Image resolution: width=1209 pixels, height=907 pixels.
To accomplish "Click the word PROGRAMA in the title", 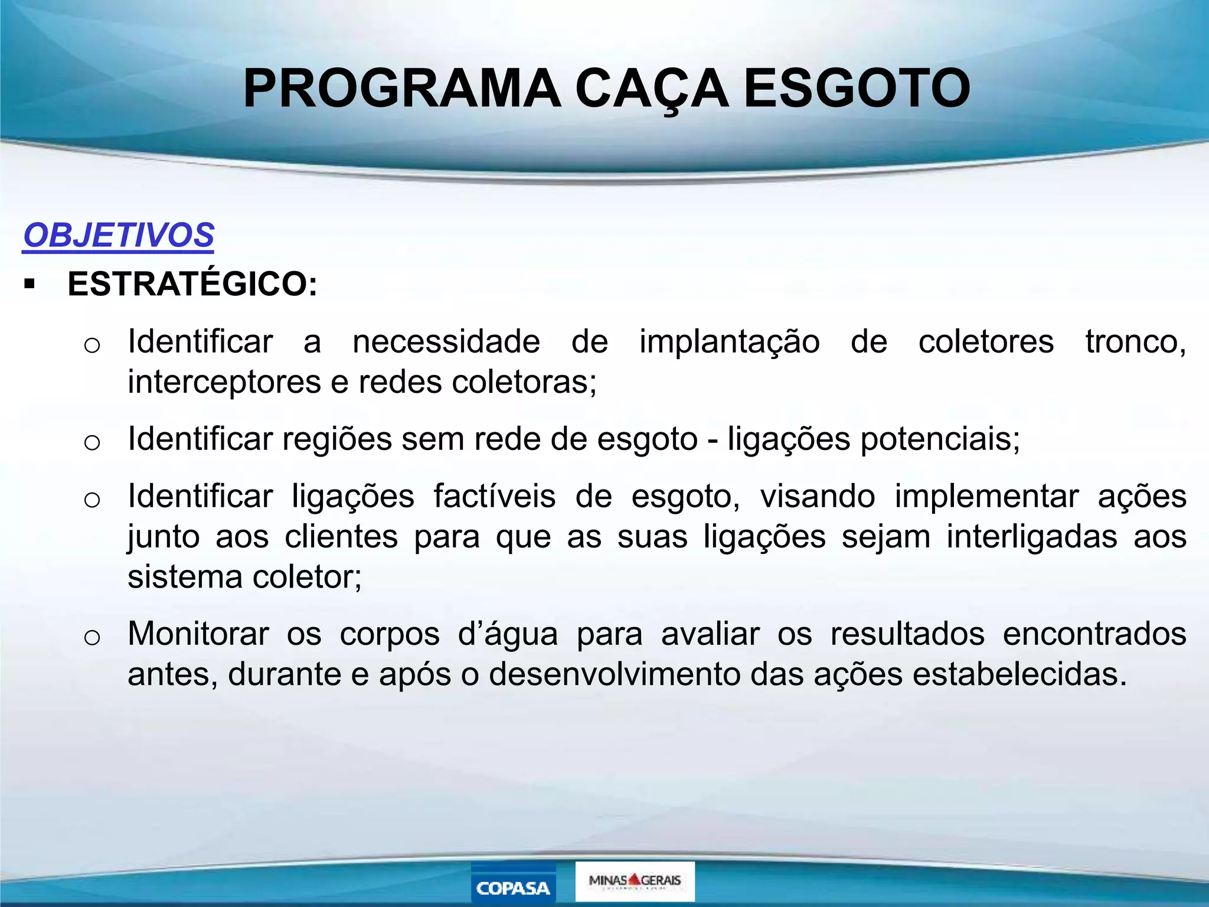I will coord(402,89).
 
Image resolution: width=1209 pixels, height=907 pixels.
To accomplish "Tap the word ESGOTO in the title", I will coord(857,89).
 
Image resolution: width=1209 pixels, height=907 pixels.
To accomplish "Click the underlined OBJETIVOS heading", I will coord(118,235).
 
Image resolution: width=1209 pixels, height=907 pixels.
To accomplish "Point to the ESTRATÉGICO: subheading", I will coord(192,284).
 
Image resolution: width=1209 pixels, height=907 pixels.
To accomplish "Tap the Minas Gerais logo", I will coord(635,880).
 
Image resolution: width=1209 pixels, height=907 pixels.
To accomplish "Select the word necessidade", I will coord(446,341).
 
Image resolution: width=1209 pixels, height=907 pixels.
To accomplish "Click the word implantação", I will coord(730,342).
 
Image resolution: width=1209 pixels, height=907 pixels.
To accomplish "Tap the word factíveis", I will coord(495,496).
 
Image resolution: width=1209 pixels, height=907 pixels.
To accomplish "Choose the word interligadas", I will coord(1032,537).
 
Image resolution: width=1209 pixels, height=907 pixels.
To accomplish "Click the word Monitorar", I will coord(198,634).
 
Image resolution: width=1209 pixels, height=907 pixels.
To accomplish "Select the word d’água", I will coord(508,635).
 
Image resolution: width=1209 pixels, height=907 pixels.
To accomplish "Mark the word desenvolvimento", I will coord(615,674).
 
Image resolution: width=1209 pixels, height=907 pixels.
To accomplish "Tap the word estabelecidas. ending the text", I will coord(1020,674).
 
